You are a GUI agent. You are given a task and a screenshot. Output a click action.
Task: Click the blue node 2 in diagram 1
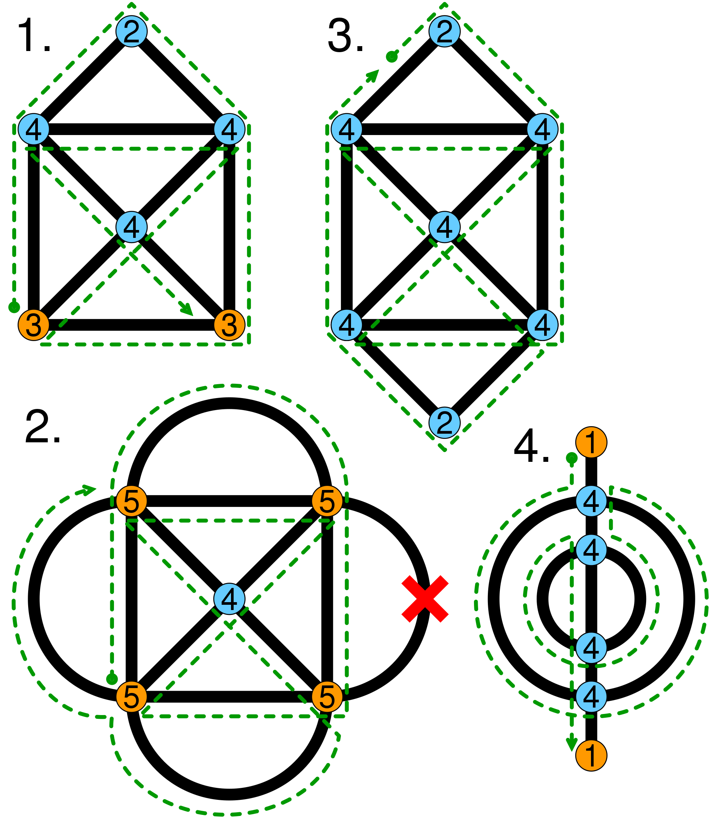[x=131, y=32]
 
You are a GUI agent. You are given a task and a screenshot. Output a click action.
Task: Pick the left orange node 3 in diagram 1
[x=34, y=325]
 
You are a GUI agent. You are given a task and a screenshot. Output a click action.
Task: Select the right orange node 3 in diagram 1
[x=229, y=325]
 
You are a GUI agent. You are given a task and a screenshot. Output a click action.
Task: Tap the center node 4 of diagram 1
[x=131, y=227]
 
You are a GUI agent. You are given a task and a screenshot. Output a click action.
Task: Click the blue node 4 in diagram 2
[x=229, y=599]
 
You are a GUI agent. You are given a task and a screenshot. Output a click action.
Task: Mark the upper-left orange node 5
[x=131, y=501]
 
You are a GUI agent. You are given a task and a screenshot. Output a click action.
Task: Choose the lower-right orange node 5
[x=327, y=697]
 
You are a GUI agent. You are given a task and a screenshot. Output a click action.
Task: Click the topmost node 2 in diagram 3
[x=444, y=32]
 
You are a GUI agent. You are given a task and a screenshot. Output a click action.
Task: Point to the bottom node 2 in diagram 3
[x=444, y=422]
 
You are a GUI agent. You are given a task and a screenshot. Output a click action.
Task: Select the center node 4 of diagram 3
[x=444, y=227]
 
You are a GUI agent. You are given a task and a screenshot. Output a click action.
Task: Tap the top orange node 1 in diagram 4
[x=591, y=442]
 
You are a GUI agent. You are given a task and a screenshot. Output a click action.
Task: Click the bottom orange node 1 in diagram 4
[x=591, y=756]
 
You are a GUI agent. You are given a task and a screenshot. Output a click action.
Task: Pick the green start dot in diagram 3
[x=391, y=57]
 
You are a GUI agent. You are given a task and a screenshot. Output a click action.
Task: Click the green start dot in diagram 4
[x=571, y=458]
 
